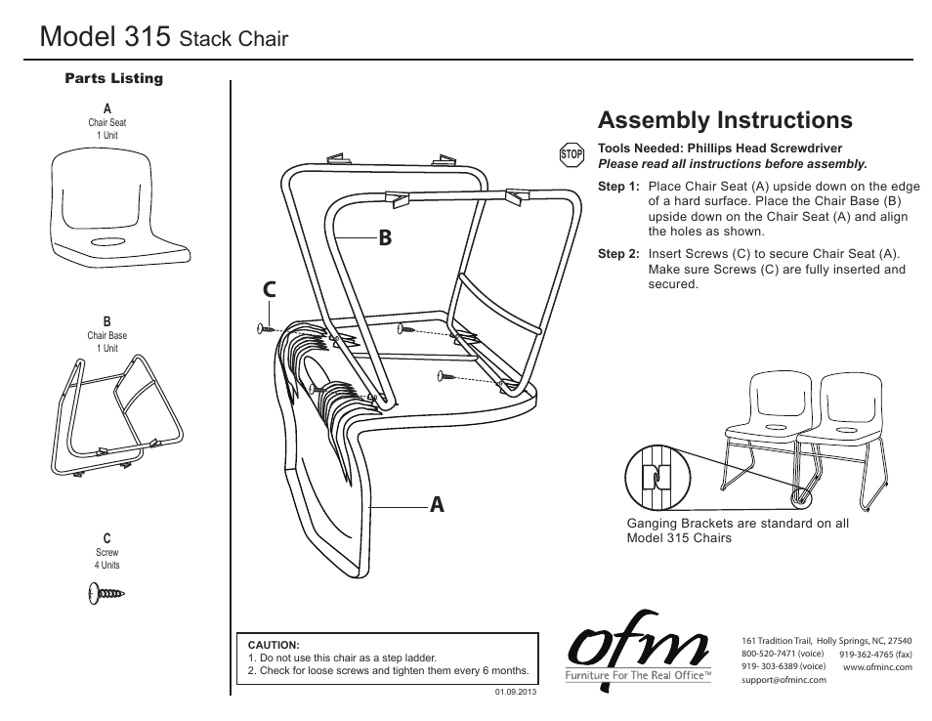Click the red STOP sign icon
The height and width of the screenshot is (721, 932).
tap(572, 154)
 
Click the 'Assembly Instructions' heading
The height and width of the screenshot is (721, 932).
tap(725, 120)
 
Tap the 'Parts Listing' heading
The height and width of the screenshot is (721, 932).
tap(113, 78)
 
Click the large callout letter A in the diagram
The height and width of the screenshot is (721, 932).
tap(436, 504)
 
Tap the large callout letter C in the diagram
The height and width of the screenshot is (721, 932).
tap(270, 290)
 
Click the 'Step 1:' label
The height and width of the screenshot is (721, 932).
tap(618, 186)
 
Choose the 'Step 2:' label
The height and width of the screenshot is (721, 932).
tap(618, 254)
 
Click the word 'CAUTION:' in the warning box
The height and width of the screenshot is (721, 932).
tap(273, 645)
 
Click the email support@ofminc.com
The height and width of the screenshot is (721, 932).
tap(784, 680)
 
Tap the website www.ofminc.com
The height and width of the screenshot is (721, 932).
tap(876, 667)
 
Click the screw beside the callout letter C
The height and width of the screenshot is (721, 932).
tap(266, 330)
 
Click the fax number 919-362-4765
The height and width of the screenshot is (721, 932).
tap(875, 654)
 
